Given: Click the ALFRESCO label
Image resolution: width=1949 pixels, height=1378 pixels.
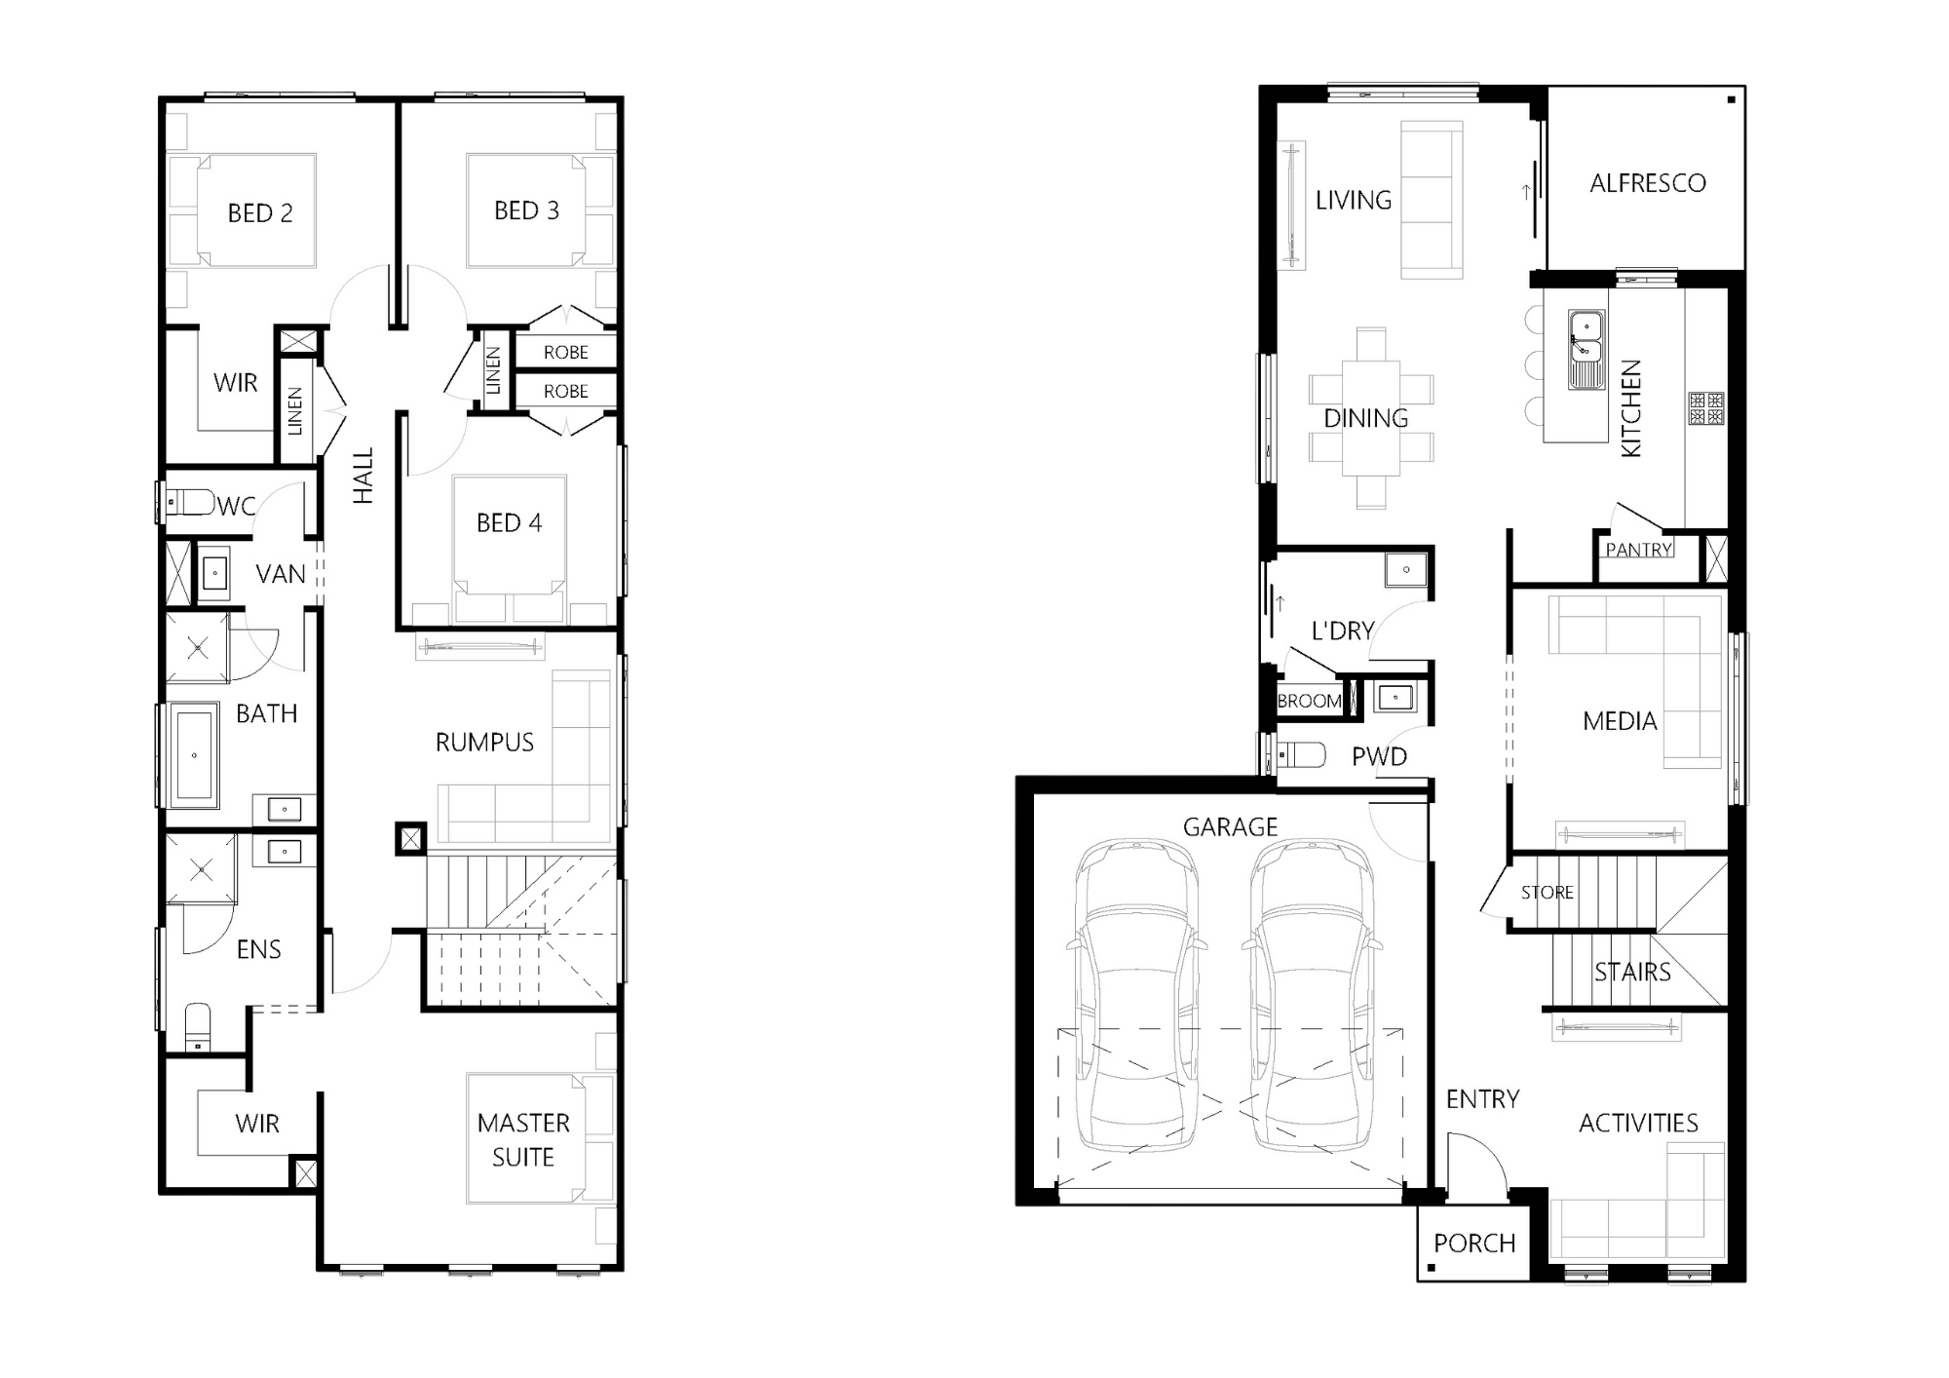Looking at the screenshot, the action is coord(1648,183).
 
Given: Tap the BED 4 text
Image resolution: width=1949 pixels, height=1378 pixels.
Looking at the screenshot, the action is coord(509,523).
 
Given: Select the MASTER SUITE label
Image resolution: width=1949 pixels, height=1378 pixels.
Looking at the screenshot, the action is coord(523,1140).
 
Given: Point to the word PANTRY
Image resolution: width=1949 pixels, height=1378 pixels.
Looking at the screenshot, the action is coord(1639,550).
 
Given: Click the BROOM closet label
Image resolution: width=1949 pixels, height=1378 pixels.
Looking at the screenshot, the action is coord(1309,701).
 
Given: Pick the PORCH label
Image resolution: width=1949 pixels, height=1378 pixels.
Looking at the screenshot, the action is coord(1474,1244).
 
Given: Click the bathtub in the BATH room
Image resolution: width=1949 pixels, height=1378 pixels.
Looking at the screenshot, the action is coord(194,754).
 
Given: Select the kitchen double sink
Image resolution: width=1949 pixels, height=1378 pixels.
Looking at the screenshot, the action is coord(1586,350).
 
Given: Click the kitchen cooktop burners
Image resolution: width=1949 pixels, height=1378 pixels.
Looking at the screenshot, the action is coord(1706,408).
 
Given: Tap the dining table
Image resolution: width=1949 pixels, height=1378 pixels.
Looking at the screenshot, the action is coord(1371,418).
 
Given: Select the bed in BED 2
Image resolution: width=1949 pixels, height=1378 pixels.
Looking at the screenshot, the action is coord(257,211).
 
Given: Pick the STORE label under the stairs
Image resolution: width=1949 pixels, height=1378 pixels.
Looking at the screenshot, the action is coord(1548,892).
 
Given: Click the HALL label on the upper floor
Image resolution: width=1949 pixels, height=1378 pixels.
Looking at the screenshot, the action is coord(363,476).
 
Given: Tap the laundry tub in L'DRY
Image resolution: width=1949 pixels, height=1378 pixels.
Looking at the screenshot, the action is coord(1406,569).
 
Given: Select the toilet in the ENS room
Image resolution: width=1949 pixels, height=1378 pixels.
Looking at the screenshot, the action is coord(198,1028).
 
